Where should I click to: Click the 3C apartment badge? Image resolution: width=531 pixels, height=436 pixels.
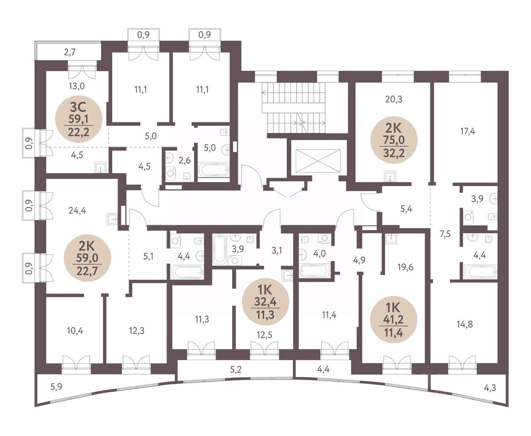click(79, 119)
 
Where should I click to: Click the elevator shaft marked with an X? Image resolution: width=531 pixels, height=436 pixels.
click(317, 162)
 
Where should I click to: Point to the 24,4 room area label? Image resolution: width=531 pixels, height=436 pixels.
click(77, 211)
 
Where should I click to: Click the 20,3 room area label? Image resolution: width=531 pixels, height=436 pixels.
click(393, 99)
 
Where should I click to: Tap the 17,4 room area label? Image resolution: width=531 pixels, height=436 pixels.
click(467, 131)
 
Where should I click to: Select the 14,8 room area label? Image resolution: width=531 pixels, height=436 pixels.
click(465, 324)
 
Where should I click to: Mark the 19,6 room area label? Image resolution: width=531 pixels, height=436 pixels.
click(405, 267)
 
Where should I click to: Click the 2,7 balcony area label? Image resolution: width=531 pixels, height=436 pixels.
click(69, 52)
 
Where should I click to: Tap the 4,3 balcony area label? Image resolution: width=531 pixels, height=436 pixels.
click(490, 387)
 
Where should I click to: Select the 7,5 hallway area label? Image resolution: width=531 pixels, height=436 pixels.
click(445, 234)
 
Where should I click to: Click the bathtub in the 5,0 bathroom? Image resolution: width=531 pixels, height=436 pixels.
click(213, 169)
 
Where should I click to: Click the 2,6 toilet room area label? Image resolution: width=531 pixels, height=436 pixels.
click(184, 161)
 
